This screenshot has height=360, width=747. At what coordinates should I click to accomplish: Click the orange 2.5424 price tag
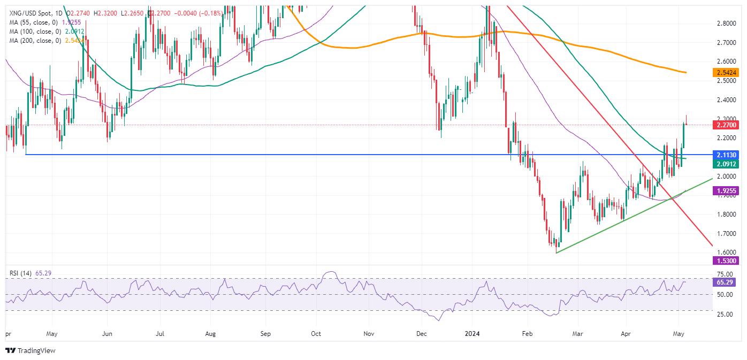tap(726, 72)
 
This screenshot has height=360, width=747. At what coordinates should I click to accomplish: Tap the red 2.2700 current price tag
tap(726, 125)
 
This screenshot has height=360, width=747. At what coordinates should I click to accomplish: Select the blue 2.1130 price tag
tap(726, 154)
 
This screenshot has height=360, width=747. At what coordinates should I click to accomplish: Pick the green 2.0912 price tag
tap(726, 164)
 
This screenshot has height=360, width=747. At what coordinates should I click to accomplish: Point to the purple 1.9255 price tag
tap(726, 190)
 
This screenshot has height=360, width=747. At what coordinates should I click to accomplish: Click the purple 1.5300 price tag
tap(726, 261)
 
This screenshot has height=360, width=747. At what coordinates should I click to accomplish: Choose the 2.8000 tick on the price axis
tap(726, 24)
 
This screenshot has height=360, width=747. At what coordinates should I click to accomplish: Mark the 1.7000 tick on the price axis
tap(726, 234)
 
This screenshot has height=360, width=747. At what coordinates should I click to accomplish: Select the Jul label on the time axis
tap(159, 334)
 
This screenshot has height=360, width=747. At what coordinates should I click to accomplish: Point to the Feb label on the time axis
tap(527, 334)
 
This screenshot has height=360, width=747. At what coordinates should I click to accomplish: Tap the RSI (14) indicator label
tap(21, 273)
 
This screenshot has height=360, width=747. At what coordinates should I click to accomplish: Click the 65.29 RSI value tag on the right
tap(726, 281)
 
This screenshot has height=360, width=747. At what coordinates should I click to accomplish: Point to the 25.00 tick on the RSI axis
tap(726, 315)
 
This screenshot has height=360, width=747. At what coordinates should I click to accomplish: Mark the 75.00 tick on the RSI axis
tap(726, 274)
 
